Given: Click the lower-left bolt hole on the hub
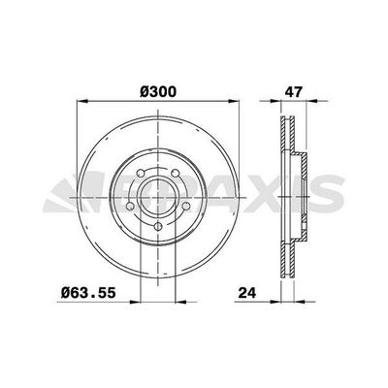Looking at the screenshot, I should (134, 208).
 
